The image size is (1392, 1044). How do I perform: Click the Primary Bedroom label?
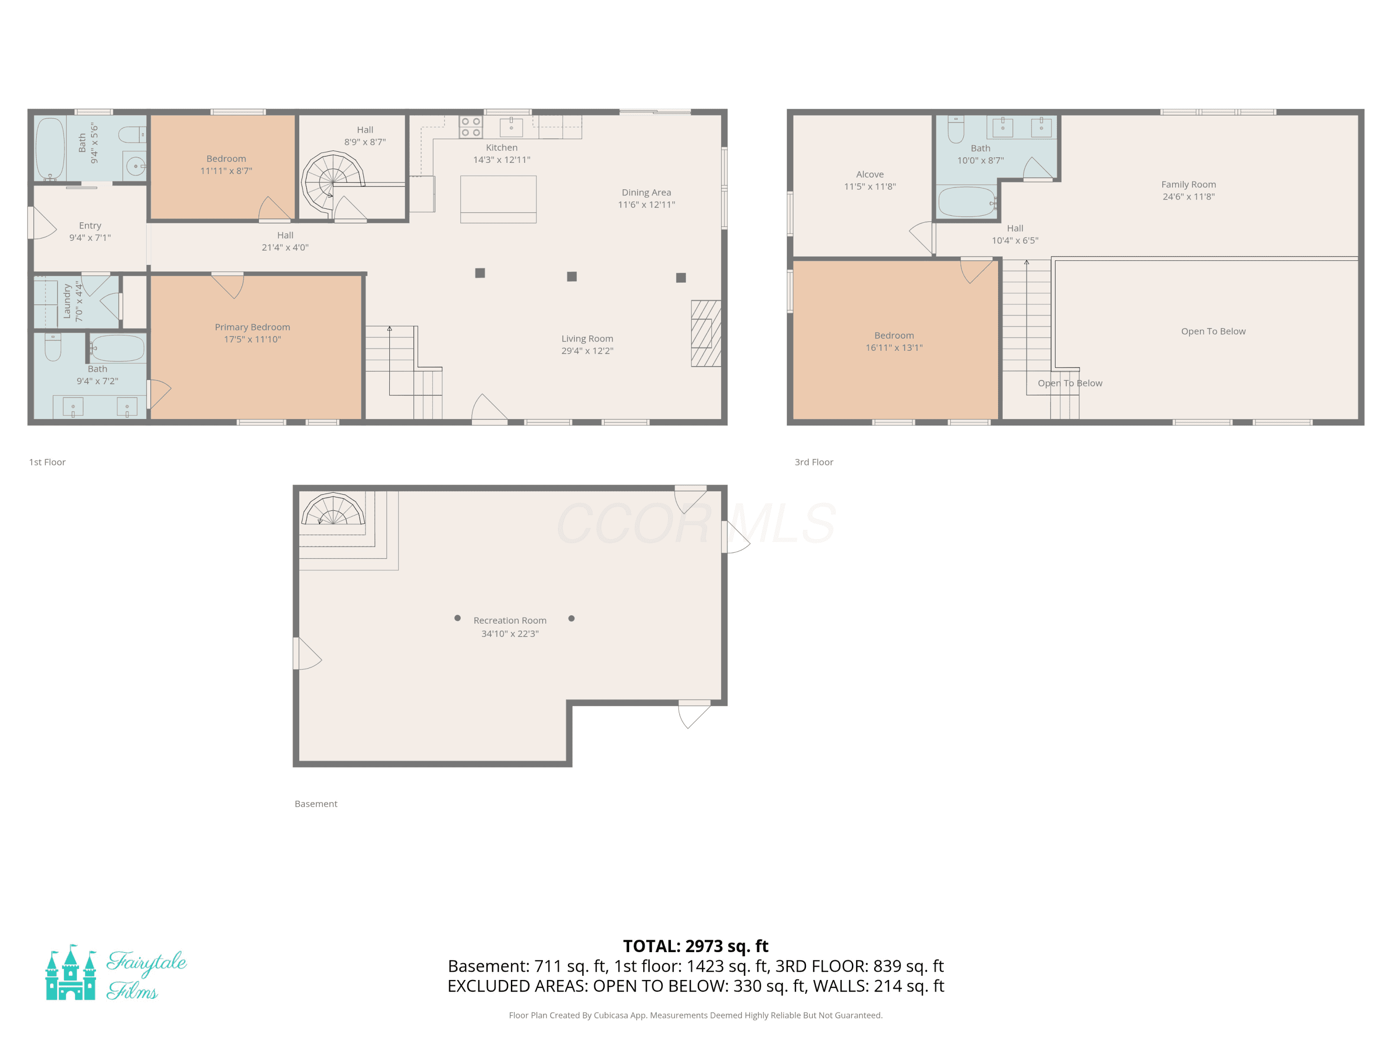pos(252,327)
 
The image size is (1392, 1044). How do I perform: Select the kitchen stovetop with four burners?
pos(470,127)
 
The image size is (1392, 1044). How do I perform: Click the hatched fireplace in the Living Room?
pos(706,334)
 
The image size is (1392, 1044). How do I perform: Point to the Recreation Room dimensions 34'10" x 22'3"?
pos(510,634)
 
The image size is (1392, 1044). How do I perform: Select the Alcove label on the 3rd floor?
pos(870,174)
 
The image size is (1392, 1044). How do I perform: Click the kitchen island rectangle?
pos(498,200)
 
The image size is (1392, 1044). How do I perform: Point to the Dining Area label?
pos(646,193)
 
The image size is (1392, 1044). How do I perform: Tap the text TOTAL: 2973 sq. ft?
pos(696,946)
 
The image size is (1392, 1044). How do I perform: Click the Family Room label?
pos(1189,184)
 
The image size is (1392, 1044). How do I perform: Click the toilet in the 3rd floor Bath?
pos(956,129)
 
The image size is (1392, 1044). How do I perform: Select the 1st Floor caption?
pos(47,462)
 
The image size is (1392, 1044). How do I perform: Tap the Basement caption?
pos(316,804)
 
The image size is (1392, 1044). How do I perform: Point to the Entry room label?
pos(90,226)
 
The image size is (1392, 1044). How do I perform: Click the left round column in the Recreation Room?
pos(458,618)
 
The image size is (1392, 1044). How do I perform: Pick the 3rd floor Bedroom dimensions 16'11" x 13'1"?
pos(894,348)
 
